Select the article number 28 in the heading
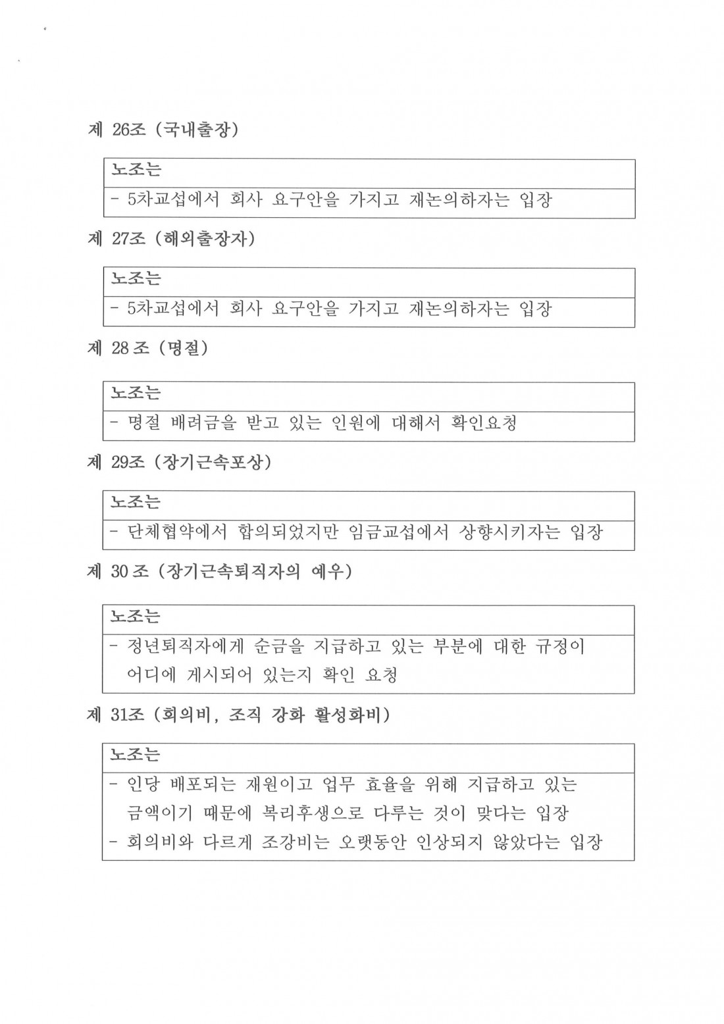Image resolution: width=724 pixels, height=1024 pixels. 120,347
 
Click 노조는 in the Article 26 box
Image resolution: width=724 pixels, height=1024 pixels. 136,170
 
